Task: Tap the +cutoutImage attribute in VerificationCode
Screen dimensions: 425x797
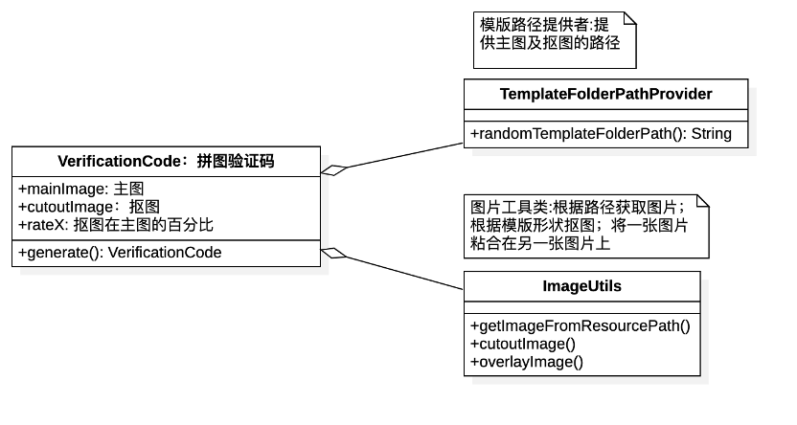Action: click(x=88, y=207)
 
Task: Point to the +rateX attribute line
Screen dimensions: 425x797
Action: click(x=115, y=225)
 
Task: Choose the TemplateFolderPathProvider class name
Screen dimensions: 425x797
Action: click(x=605, y=94)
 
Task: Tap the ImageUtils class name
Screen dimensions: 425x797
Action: click(x=581, y=286)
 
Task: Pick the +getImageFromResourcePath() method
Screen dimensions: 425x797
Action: click(x=580, y=325)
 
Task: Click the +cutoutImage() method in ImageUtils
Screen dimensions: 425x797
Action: click(x=522, y=344)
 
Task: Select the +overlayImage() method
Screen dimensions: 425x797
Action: click(x=526, y=362)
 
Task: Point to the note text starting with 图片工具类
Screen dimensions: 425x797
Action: click(x=581, y=226)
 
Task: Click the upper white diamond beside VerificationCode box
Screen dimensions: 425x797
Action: click(x=331, y=170)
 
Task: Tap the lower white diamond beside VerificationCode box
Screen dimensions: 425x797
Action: click(x=331, y=253)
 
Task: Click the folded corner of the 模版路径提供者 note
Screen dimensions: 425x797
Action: click(x=629, y=18)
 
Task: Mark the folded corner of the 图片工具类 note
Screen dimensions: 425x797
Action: click(x=702, y=202)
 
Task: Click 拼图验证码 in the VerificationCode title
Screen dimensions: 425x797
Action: click(x=236, y=161)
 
